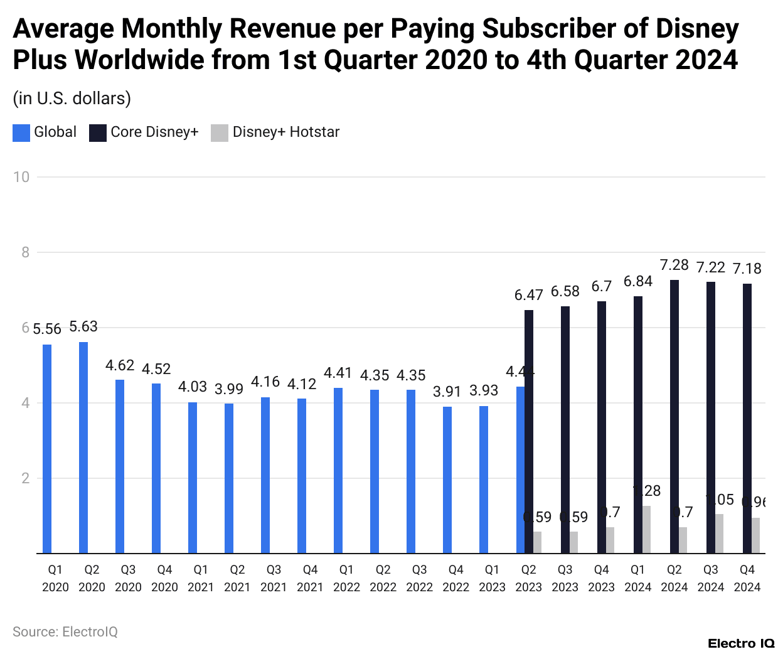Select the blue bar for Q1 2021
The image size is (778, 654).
point(193,478)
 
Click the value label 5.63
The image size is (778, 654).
point(83,326)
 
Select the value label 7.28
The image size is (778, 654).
point(674,265)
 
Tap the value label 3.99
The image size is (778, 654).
point(229,389)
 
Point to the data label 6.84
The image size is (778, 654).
point(638,281)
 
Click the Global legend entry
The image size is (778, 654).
point(45,132)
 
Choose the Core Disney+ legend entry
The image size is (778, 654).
point(144,132)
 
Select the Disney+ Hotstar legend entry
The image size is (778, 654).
point(275,132)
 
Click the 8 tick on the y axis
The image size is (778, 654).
point(25,252)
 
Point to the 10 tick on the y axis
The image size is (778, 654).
point(21,177)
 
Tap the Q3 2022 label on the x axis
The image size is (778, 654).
point(420,578)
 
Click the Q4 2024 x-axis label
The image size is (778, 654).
point(747,578)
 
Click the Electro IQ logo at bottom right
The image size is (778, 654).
point(741,643)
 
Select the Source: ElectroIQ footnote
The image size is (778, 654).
point(65,631)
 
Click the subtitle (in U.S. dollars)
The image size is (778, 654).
point(72,99)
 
